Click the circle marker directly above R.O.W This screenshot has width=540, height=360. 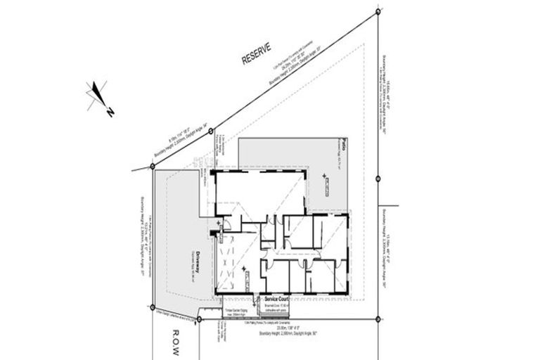[x=200, y=319]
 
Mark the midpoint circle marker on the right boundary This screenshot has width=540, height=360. [x=378, y=179]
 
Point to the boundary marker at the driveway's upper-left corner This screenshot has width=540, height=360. [x=153, y=167]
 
